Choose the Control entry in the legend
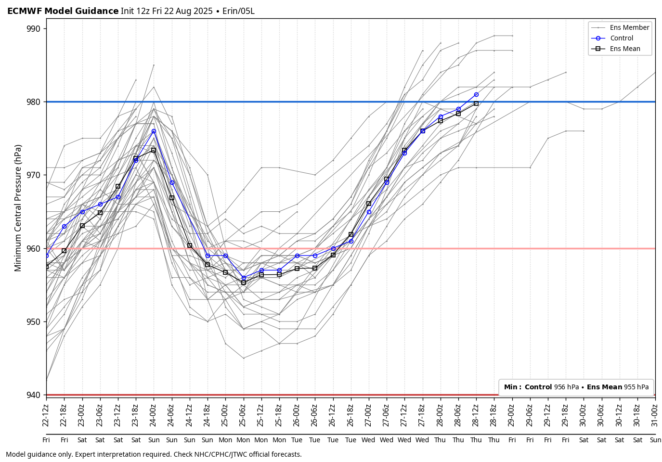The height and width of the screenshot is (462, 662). click(x=622, y=38)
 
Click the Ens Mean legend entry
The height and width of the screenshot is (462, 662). click(x=625, y=49)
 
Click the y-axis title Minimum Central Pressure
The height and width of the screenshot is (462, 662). click(x=18, y=207)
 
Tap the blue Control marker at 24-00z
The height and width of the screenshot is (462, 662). click(x=154, y=131)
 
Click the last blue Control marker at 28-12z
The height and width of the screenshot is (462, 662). click(x=476, y=95)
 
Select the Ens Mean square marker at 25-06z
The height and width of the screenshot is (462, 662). click(x=244, y=282)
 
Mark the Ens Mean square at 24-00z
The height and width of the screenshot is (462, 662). click(x=154, y=151)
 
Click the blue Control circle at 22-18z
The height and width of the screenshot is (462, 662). click(x=64, y=227)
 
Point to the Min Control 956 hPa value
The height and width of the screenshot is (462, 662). click(x=566, y=387)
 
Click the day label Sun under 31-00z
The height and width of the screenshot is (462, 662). click(x=655, y=440)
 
